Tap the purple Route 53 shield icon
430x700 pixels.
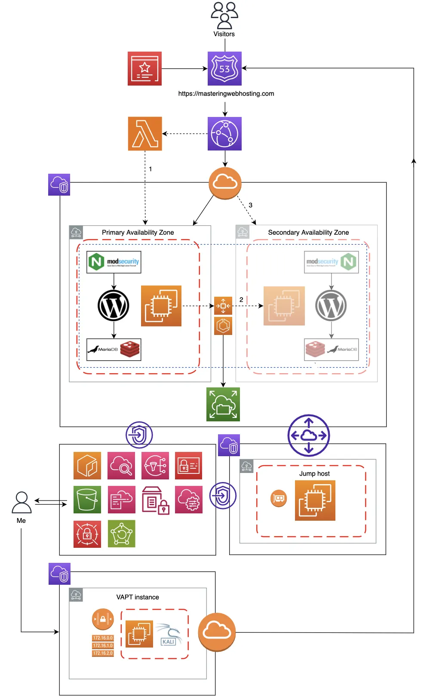pyautogui.click(x=224, y=69)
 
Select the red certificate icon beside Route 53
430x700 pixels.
pyautogui.click(x=144, y=69)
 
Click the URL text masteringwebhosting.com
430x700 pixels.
pyautogui.click(x=226, y=94)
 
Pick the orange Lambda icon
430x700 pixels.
pyautogui.click(x=145, y=134)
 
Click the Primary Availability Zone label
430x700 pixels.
pyautogui.click(x=138, y=233)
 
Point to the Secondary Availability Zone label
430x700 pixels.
pyautogui.click(x=308, y=233)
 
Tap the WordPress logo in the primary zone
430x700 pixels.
pyautogui.click(x=114, y=306)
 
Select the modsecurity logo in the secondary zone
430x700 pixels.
pyautogui.click(x=322, y=262)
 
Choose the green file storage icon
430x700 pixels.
pyautogui.click(x=223, y=405)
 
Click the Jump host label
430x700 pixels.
pyautogui.click(x=314, y=474)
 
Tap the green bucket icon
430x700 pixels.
pyautogui.click(x=87, y=500)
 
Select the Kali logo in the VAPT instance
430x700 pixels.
pyautogui.click(x=169, y=635)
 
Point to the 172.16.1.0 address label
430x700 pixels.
pyautogui.click(x=103, y=646)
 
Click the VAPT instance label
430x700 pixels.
pyautogui.click(x=138, y=597)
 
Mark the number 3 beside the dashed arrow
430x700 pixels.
pyautogui.click(x=251, y=206)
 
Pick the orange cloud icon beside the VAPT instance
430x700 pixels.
pyautogui.click(x=217, y=632)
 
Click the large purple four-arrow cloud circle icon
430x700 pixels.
pyautogui.click(x=309, y=436)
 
